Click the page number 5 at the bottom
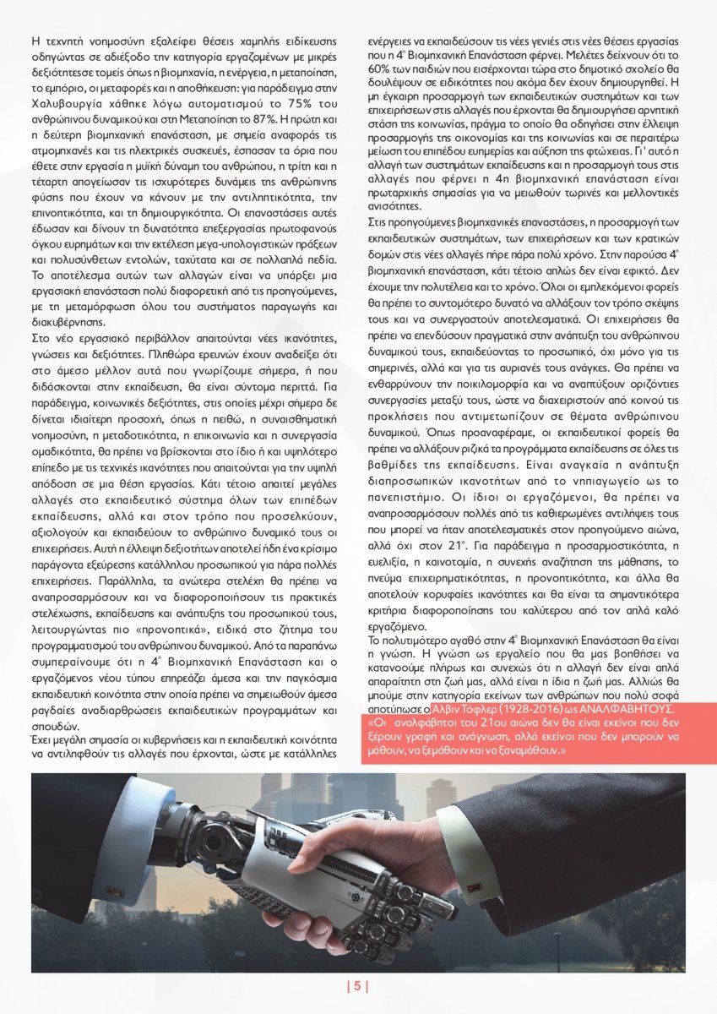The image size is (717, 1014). [x=358, y=986]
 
